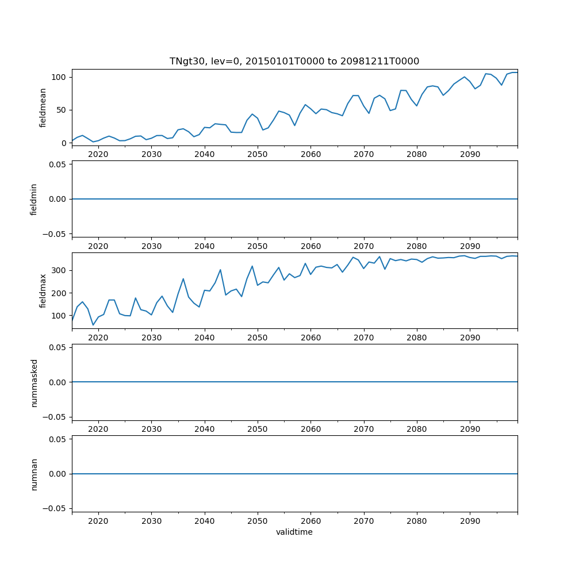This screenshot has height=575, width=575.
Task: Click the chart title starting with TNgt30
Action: point(294,61)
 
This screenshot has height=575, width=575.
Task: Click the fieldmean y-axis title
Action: point(43,108)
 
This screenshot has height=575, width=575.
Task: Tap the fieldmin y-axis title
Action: point(34,199)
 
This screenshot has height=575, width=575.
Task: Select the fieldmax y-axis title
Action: point(43,290)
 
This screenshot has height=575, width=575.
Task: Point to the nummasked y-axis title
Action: point(34,382)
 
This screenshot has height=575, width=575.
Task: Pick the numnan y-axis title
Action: point(34,474)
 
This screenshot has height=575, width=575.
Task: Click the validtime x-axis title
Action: point(294,532)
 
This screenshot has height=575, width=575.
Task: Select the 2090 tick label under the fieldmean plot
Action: point(470,155)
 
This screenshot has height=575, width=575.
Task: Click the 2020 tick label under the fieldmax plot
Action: point(98,338)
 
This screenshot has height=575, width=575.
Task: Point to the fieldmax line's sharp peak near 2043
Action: point(220,270)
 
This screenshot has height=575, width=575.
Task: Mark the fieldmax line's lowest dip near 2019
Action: point(93,325)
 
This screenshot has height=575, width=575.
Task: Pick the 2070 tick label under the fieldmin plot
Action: point(364,246)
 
